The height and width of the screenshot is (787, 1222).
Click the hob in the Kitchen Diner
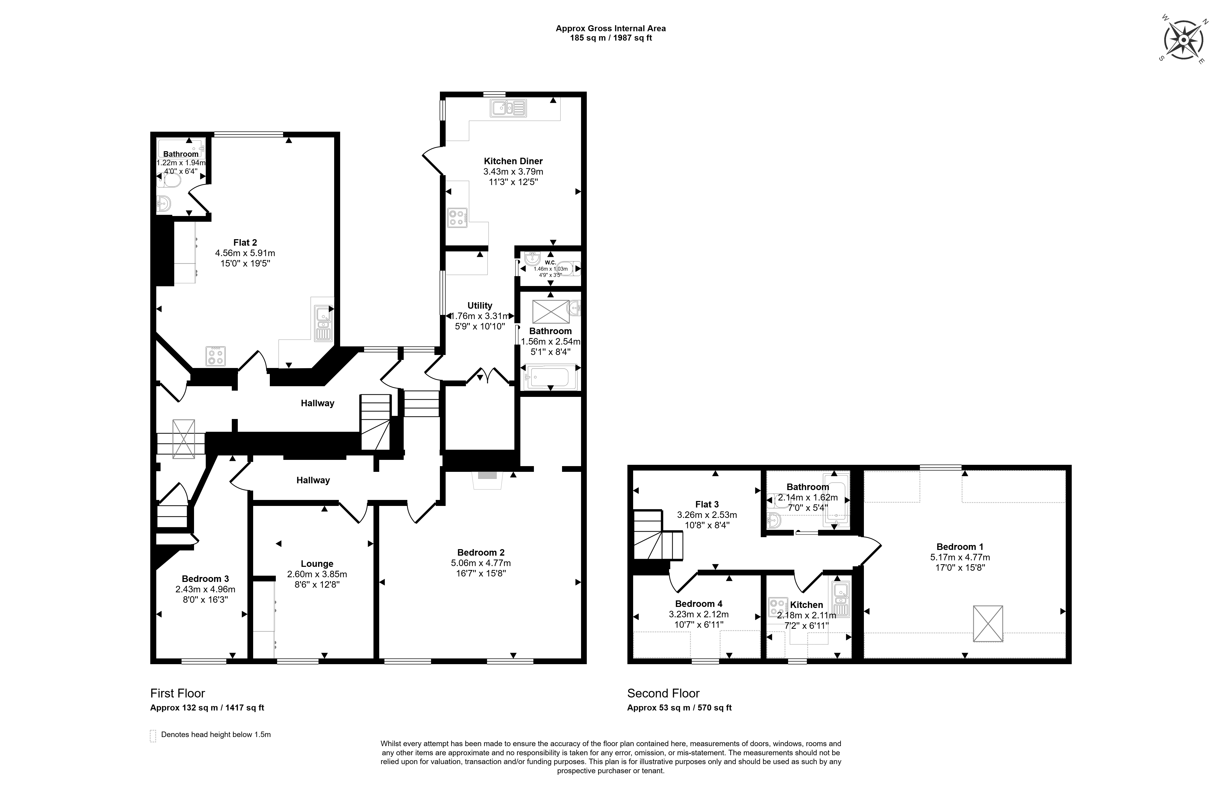(457, 218)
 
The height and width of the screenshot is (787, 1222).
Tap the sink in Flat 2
(323, 323)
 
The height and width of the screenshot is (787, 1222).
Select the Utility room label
(479, 306)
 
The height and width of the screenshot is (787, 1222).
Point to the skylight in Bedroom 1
(988, 624)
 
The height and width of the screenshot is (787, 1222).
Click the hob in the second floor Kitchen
(778, 607)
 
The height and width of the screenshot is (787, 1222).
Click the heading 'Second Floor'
(663, 694)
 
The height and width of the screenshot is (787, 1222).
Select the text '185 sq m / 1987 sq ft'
(611, 38)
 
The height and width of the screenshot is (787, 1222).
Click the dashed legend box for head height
(153, 736)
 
